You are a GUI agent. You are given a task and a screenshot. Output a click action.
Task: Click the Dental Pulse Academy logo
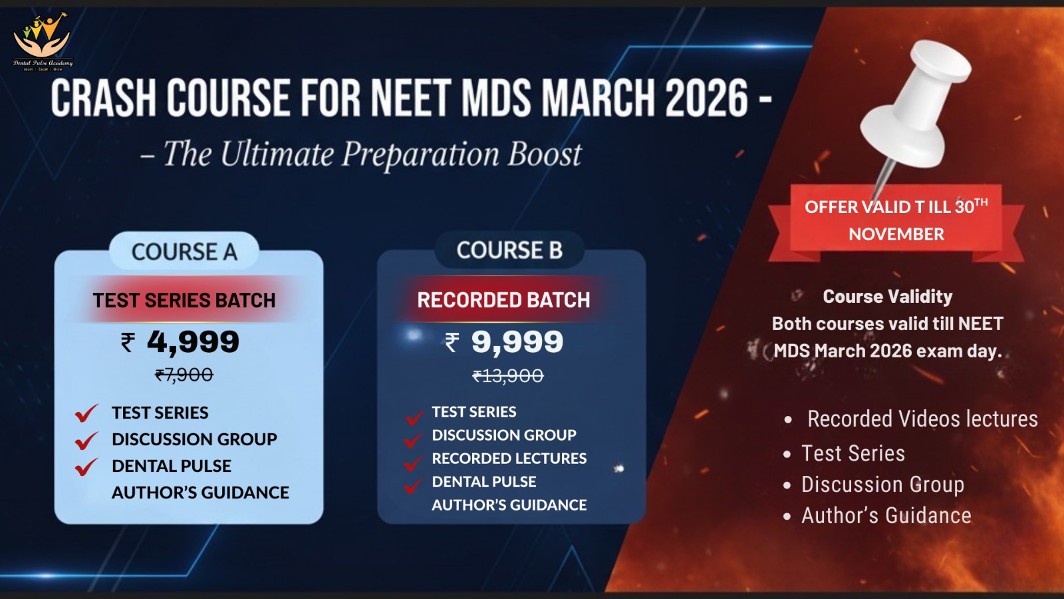click(43, 42)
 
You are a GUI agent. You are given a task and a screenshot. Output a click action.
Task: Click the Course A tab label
click(184, 252)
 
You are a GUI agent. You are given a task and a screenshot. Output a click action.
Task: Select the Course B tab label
click(509, 250)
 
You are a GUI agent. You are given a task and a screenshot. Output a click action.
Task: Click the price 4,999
click(193, 342)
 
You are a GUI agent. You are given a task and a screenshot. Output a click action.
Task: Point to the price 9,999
click(517, 342)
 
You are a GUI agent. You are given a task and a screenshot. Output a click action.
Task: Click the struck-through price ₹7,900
click(184, 375)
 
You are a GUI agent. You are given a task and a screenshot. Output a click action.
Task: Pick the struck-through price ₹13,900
click(508, 376)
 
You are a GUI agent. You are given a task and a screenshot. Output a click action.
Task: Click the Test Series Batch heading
click(184, 300)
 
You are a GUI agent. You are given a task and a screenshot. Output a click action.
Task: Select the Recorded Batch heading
click(503, 300)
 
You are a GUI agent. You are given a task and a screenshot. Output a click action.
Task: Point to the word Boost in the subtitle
click(545, 154)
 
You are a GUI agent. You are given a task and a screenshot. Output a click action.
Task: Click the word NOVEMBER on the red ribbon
click(896, 234)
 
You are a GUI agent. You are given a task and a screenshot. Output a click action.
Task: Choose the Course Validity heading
click(888, 296)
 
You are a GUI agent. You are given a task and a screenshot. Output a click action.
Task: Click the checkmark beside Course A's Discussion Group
click(87, 440)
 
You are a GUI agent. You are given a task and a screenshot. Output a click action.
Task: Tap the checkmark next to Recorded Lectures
click(413, 463)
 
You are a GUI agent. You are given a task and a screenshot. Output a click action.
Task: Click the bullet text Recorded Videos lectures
click(922, 419)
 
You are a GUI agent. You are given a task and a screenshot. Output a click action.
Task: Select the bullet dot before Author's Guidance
click(787, 516)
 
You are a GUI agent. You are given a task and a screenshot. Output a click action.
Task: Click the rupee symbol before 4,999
click(128, 342)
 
